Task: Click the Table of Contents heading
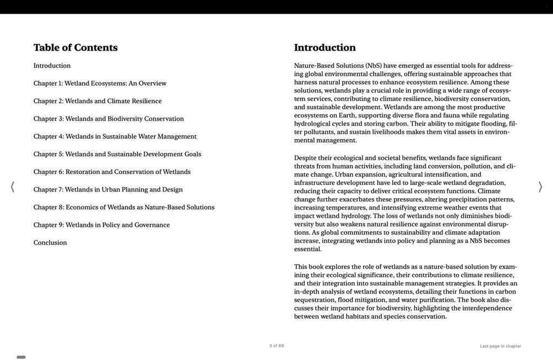[75, 48]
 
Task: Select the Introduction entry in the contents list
[52, 66]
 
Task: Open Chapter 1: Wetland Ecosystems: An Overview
[100, 84]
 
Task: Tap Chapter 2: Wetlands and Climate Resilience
[97, 101]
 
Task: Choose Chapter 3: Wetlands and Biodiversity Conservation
[108, 119]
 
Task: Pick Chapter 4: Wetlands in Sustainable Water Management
[114, 137]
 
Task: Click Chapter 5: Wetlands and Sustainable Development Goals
[117, 154]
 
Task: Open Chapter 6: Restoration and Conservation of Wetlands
[112, 172]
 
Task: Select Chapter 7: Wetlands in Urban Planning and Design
[108, 189]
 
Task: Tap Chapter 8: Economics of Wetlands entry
[124, 208]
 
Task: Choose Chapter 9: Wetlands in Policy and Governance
[101, 225]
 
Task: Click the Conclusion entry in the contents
[50, 243]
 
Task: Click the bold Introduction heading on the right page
[325, 48]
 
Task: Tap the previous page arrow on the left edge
[12, 187]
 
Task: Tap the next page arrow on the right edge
[540, 187]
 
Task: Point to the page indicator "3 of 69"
[276, 346]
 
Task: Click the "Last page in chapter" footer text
[500, 346]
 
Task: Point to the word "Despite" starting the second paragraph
[305, 158]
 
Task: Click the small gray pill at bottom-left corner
[21, 357]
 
